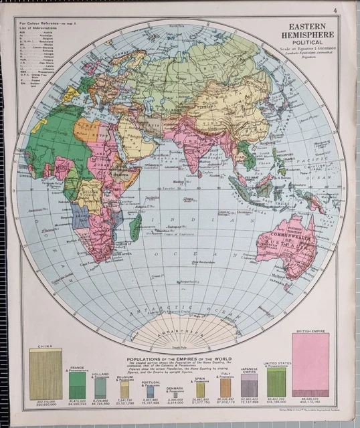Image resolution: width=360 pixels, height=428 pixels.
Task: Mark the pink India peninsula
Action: [195, 153]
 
